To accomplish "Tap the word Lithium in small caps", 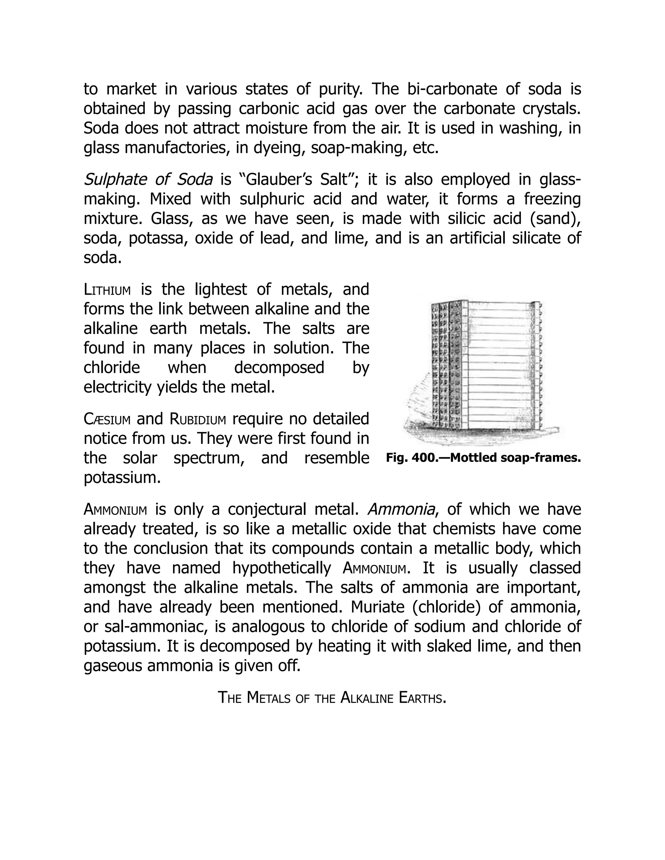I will (107, 290).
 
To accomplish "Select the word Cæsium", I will (107, 419).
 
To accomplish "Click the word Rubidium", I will (198, 419).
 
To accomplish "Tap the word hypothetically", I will (281, 568).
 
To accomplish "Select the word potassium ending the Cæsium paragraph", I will (122, 478).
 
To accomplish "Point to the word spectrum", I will (210, 458).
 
